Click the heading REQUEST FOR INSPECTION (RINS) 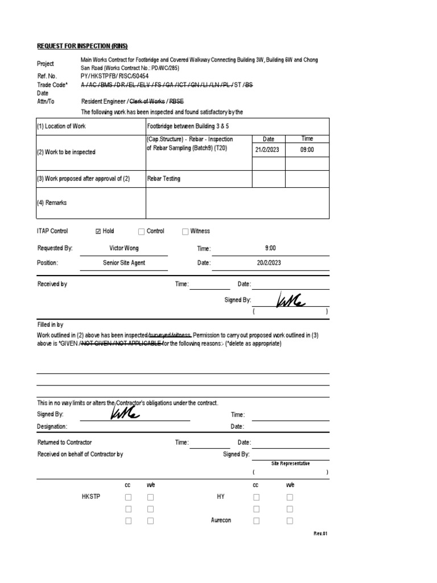point(83,46)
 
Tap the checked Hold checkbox point(98,231)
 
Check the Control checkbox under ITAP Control point(141,231)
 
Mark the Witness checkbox point(185,231)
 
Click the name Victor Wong point(123,248)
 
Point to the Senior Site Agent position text point(123,263)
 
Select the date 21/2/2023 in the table point(268,150)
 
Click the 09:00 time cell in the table point(307,150)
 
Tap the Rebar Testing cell point(164,179)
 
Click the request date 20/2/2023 point(268,263)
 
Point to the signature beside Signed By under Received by point(290,299)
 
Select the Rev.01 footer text point(321,533)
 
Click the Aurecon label point(221,520)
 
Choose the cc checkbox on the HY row point(256,497)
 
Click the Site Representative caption point(290,463)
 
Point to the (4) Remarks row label point(52,203)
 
